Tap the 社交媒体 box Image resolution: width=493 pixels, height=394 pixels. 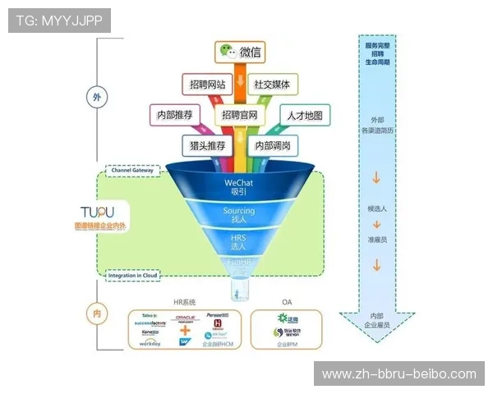pyautogui.click(x=272, y=85)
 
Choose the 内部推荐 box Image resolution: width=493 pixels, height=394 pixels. pyautogui.click(x=173, y=115)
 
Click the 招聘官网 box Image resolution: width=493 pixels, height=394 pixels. pyautogui.click(x=240, y=115)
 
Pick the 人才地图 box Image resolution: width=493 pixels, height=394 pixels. pyautogui.click(x=306, y=115)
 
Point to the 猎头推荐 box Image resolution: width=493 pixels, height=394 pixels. pyautogui.click(x=206, y=144)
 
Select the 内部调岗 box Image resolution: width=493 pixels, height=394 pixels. pyautogui.click(x=272, y=144)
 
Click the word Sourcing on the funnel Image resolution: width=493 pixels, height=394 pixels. pyautogui.click(x=239, y=211)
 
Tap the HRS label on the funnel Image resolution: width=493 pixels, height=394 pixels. pyautogui.click(x=239, y=237)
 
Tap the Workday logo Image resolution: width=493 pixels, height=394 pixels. pyautogui.click(x=150, y=343)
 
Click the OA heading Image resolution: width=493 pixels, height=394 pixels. pyautogui.click(x=286, y=303)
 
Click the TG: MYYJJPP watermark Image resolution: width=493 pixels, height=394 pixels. pyautogui.click(x=58, y=20)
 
